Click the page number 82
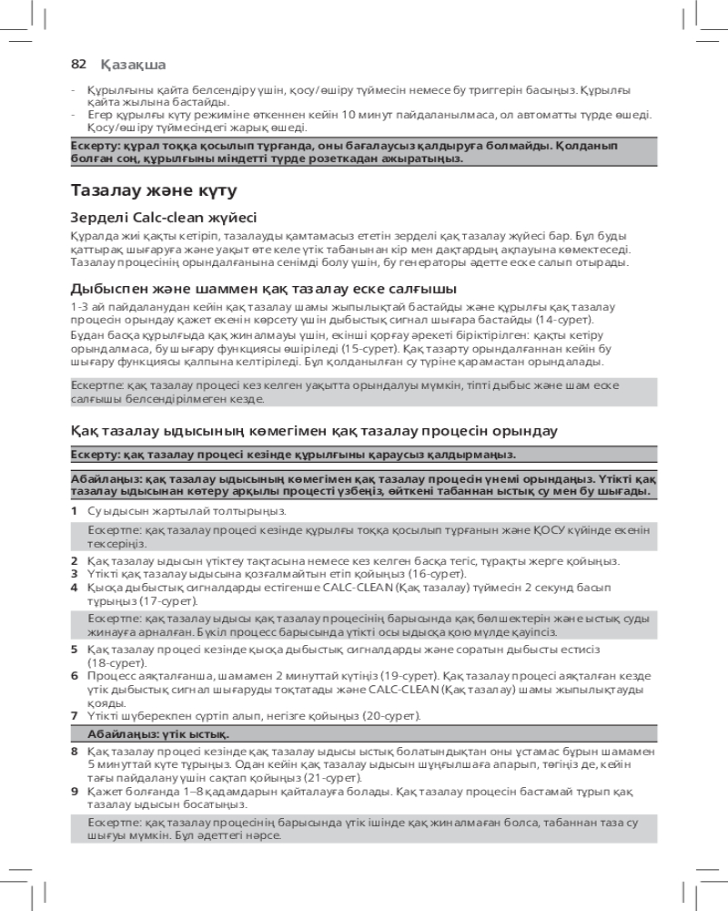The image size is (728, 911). point(78,64)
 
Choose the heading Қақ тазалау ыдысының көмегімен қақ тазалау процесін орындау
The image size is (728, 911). point(314,430)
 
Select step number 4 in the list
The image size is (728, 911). point(74,588)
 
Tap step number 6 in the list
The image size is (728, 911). point(74,675)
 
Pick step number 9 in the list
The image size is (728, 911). point(74,793)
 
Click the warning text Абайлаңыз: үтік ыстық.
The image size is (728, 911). point(158,733)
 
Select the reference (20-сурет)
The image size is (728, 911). point(391,716)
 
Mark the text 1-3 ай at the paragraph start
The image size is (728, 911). point(87,307)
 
